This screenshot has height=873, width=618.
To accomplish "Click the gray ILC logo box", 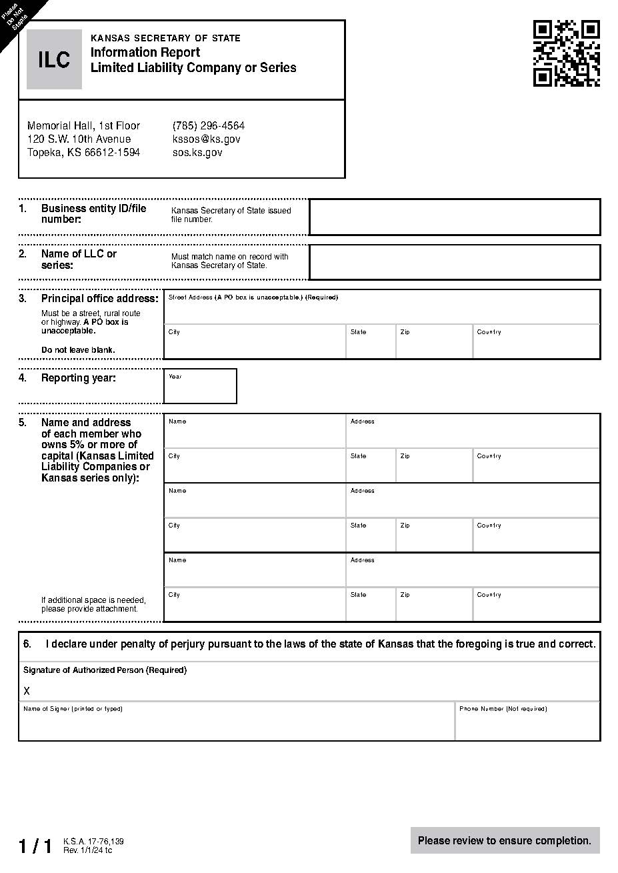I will click(x=54, y=59).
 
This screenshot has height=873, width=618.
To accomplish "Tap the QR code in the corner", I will click(x=566, y=53).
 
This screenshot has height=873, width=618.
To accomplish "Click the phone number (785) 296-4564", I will click(x=208, y=125).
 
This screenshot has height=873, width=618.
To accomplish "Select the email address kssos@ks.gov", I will click(x=206, y=139).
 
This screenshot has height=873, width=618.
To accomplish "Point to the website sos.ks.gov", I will click(x=197, y=152).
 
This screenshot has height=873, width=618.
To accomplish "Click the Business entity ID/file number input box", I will click(x=455, y=217).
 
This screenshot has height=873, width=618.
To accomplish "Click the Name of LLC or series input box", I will click(x=455, y=262).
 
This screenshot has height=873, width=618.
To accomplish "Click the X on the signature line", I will click(x=27, y=691).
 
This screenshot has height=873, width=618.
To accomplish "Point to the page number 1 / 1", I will click(x=35, y=846).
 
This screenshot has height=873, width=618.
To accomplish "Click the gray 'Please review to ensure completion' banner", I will click(x=505, y=840).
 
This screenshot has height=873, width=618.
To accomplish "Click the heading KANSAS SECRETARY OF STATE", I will click(x=165, y=38).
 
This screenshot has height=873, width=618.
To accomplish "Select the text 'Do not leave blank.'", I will click(x=78, y=349).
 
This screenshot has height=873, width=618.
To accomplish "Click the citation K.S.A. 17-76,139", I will click(x=93, y=842).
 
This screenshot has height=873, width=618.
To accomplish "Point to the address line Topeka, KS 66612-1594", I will click(x=83, y=152).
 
